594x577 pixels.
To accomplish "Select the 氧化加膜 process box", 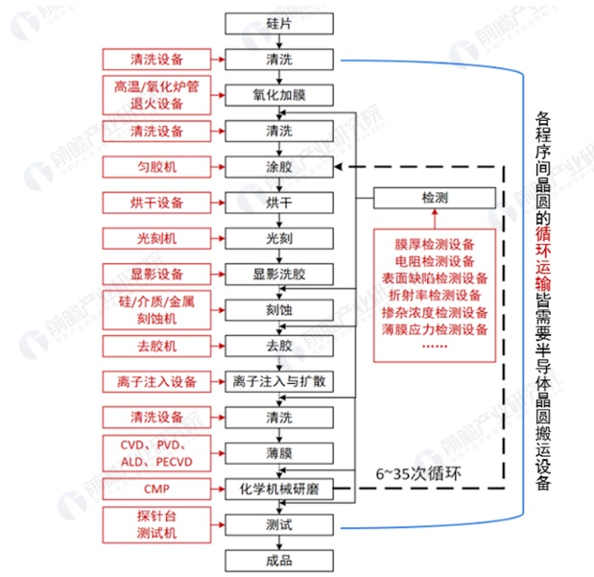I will [x=279, y=95].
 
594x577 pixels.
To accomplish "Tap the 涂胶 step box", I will [x=279, y=167].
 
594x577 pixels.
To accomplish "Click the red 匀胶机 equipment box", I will [x=157, y=167].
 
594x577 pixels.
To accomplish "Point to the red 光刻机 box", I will [x=157, y=237].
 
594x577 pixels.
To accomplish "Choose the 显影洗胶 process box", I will [x=279, y=274].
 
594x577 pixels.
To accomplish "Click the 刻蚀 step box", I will [x=279, y=309].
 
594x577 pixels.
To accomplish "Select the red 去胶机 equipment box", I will [x=157, y=345].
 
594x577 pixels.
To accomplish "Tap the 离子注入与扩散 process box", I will [x=279, y=381].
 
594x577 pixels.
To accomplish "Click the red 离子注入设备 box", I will [x=157, y=381].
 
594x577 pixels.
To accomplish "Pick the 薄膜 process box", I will [x=279, y=452].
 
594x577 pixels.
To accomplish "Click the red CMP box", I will [x=157, y=489].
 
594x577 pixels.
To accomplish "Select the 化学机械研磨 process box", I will [x=279, y=490].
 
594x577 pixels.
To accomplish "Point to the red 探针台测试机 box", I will [x=157, y=524].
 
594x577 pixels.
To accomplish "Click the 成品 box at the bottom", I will [x=279, y=560].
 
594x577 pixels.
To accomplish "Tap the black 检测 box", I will [x=435, y=199].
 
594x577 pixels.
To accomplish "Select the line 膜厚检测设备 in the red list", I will [x=435, y=243].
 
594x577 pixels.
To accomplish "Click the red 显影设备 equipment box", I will [x=157, y=274].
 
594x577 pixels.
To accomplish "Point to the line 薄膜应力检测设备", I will [x=435, y=329].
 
